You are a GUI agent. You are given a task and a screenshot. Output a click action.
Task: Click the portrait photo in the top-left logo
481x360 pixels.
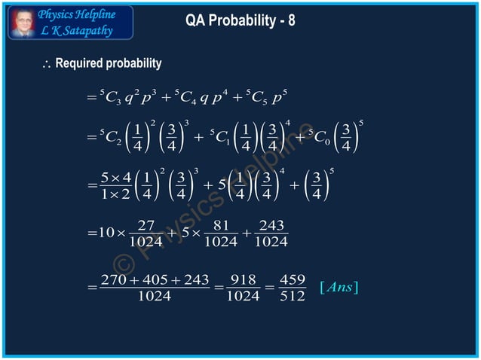[22, 22]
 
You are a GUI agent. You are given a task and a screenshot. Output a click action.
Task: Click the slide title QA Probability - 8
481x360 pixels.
[240, 21]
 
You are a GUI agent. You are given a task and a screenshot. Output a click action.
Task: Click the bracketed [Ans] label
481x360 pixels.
[339, 287]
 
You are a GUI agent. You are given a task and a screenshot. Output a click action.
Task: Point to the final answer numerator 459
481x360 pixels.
[292, 279]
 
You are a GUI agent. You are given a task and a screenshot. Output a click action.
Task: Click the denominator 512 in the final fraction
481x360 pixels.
[292, 296]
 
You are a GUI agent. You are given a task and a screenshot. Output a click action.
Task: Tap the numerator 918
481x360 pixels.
[244, 279]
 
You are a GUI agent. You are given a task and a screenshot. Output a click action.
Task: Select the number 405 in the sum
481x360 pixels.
[155, 279]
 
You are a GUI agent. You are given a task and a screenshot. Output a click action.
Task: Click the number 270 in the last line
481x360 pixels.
[113, 279]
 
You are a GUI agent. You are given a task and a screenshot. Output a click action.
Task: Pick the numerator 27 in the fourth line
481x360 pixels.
[146, 225]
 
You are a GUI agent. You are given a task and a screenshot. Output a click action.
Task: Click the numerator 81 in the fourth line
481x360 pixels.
[221, 225]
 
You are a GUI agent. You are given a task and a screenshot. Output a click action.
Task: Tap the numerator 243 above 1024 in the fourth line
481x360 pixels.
[271, 225]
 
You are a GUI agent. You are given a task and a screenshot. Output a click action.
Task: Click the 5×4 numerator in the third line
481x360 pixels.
[117, 178]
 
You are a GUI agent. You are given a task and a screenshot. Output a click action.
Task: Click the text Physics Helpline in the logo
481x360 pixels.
[76, 14]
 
